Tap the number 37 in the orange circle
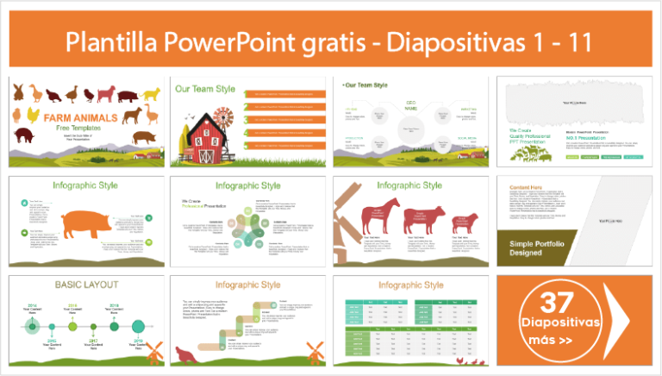click(557, 303)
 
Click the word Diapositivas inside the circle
click(557, 323)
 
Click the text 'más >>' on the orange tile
click(556, 341)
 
